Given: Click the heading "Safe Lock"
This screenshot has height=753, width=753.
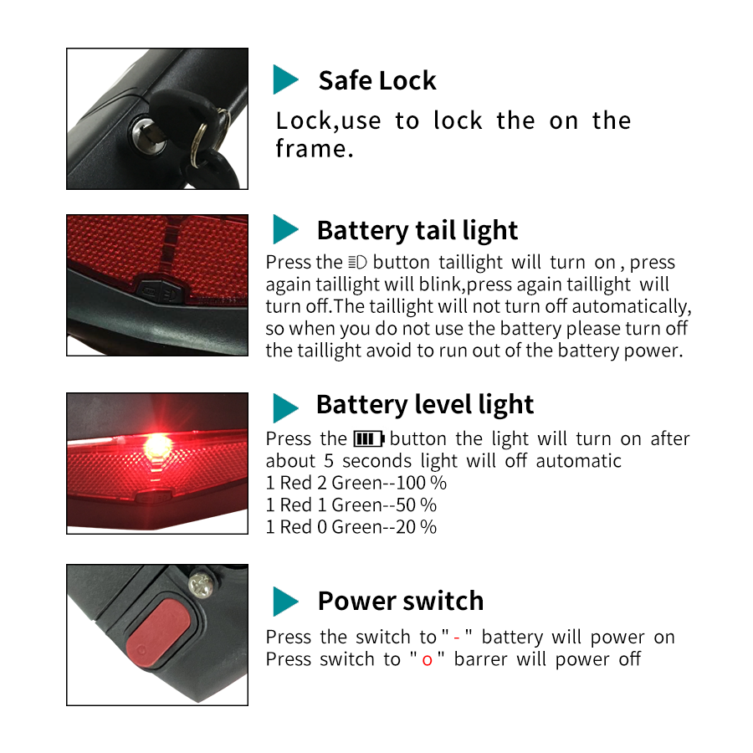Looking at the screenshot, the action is tap(377, 80).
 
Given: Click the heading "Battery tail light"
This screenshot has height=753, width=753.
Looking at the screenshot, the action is tap(417, 231).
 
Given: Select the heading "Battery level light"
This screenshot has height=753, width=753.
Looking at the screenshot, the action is tap(425, 404).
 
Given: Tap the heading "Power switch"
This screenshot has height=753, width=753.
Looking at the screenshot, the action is tap(401, 601).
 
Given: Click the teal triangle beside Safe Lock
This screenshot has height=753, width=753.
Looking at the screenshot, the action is tap(285, 79).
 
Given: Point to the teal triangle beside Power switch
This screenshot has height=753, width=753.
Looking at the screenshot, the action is tap(285, 602).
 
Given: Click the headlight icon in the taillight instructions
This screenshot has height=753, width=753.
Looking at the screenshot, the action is tap(357, 263).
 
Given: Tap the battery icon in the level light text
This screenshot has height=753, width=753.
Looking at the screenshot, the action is tap(369, 439).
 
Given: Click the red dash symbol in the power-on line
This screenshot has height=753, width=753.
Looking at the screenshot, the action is tap(457, 638).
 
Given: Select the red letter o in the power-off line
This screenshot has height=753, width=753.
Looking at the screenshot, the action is tap(427, 661).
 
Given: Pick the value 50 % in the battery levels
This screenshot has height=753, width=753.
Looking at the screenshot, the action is tap(416, 505).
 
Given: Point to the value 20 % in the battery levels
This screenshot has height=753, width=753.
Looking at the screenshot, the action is tap(416, 527).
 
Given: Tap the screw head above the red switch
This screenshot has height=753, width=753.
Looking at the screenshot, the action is tap(201, 586).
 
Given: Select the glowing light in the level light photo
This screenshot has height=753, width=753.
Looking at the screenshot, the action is tap(157, 446).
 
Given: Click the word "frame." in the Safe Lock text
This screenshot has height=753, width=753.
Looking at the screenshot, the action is tap(315, 149).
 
